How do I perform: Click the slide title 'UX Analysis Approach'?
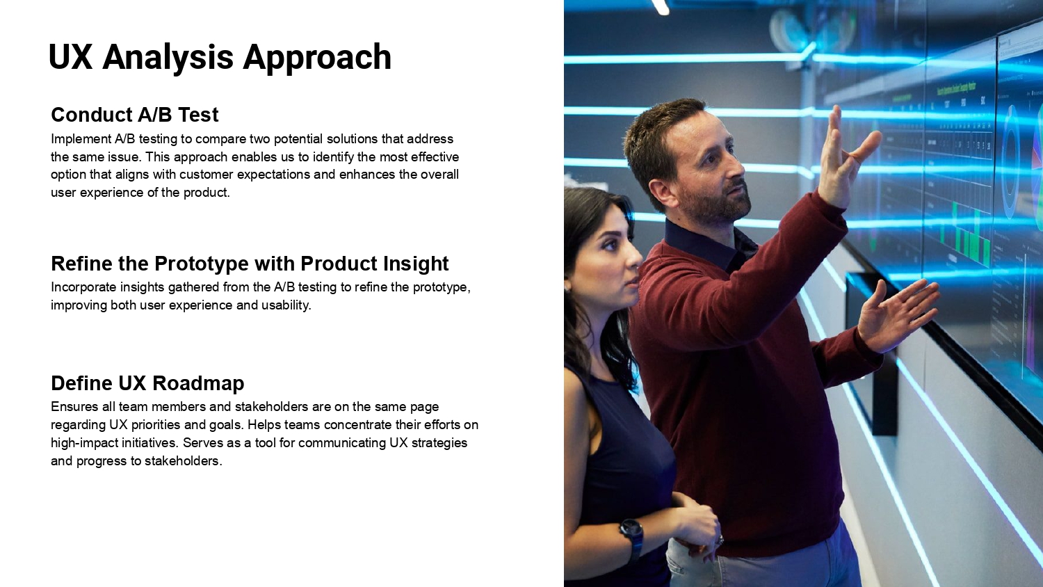(220, 57)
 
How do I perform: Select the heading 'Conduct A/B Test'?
(135, 115)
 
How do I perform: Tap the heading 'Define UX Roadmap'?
(147, 383)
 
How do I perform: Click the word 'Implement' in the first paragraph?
(81, 139)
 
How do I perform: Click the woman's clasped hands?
(694, 529)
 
